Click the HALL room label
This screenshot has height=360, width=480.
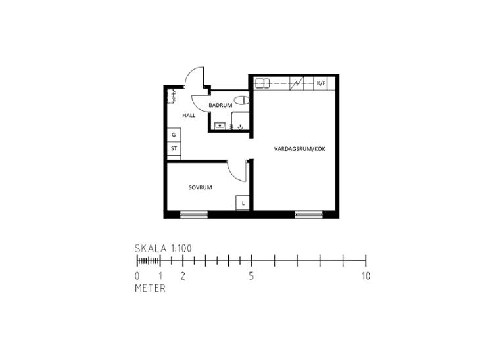(189, 116)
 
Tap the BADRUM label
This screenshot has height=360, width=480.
(220, 105)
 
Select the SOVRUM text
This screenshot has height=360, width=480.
(201, 187)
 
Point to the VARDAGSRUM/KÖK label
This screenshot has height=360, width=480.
(299, 149)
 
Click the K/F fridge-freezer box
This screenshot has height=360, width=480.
(321, 83)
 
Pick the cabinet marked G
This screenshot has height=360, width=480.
(174, 135)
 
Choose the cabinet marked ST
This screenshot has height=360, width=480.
(174, 148)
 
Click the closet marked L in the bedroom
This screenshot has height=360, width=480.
(243, 203)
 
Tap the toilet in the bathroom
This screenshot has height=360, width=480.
(242, 101)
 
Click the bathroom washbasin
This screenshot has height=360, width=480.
(220, 125)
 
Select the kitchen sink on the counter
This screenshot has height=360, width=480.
(262, 83)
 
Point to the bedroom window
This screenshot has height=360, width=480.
(194, 214)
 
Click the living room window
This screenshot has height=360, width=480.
(308, 214)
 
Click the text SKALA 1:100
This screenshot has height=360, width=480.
(163, 248)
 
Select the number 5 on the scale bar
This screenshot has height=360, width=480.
(251, 276)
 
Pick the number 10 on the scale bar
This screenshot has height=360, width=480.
(366, 276)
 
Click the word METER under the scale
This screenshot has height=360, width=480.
(151, 288)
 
